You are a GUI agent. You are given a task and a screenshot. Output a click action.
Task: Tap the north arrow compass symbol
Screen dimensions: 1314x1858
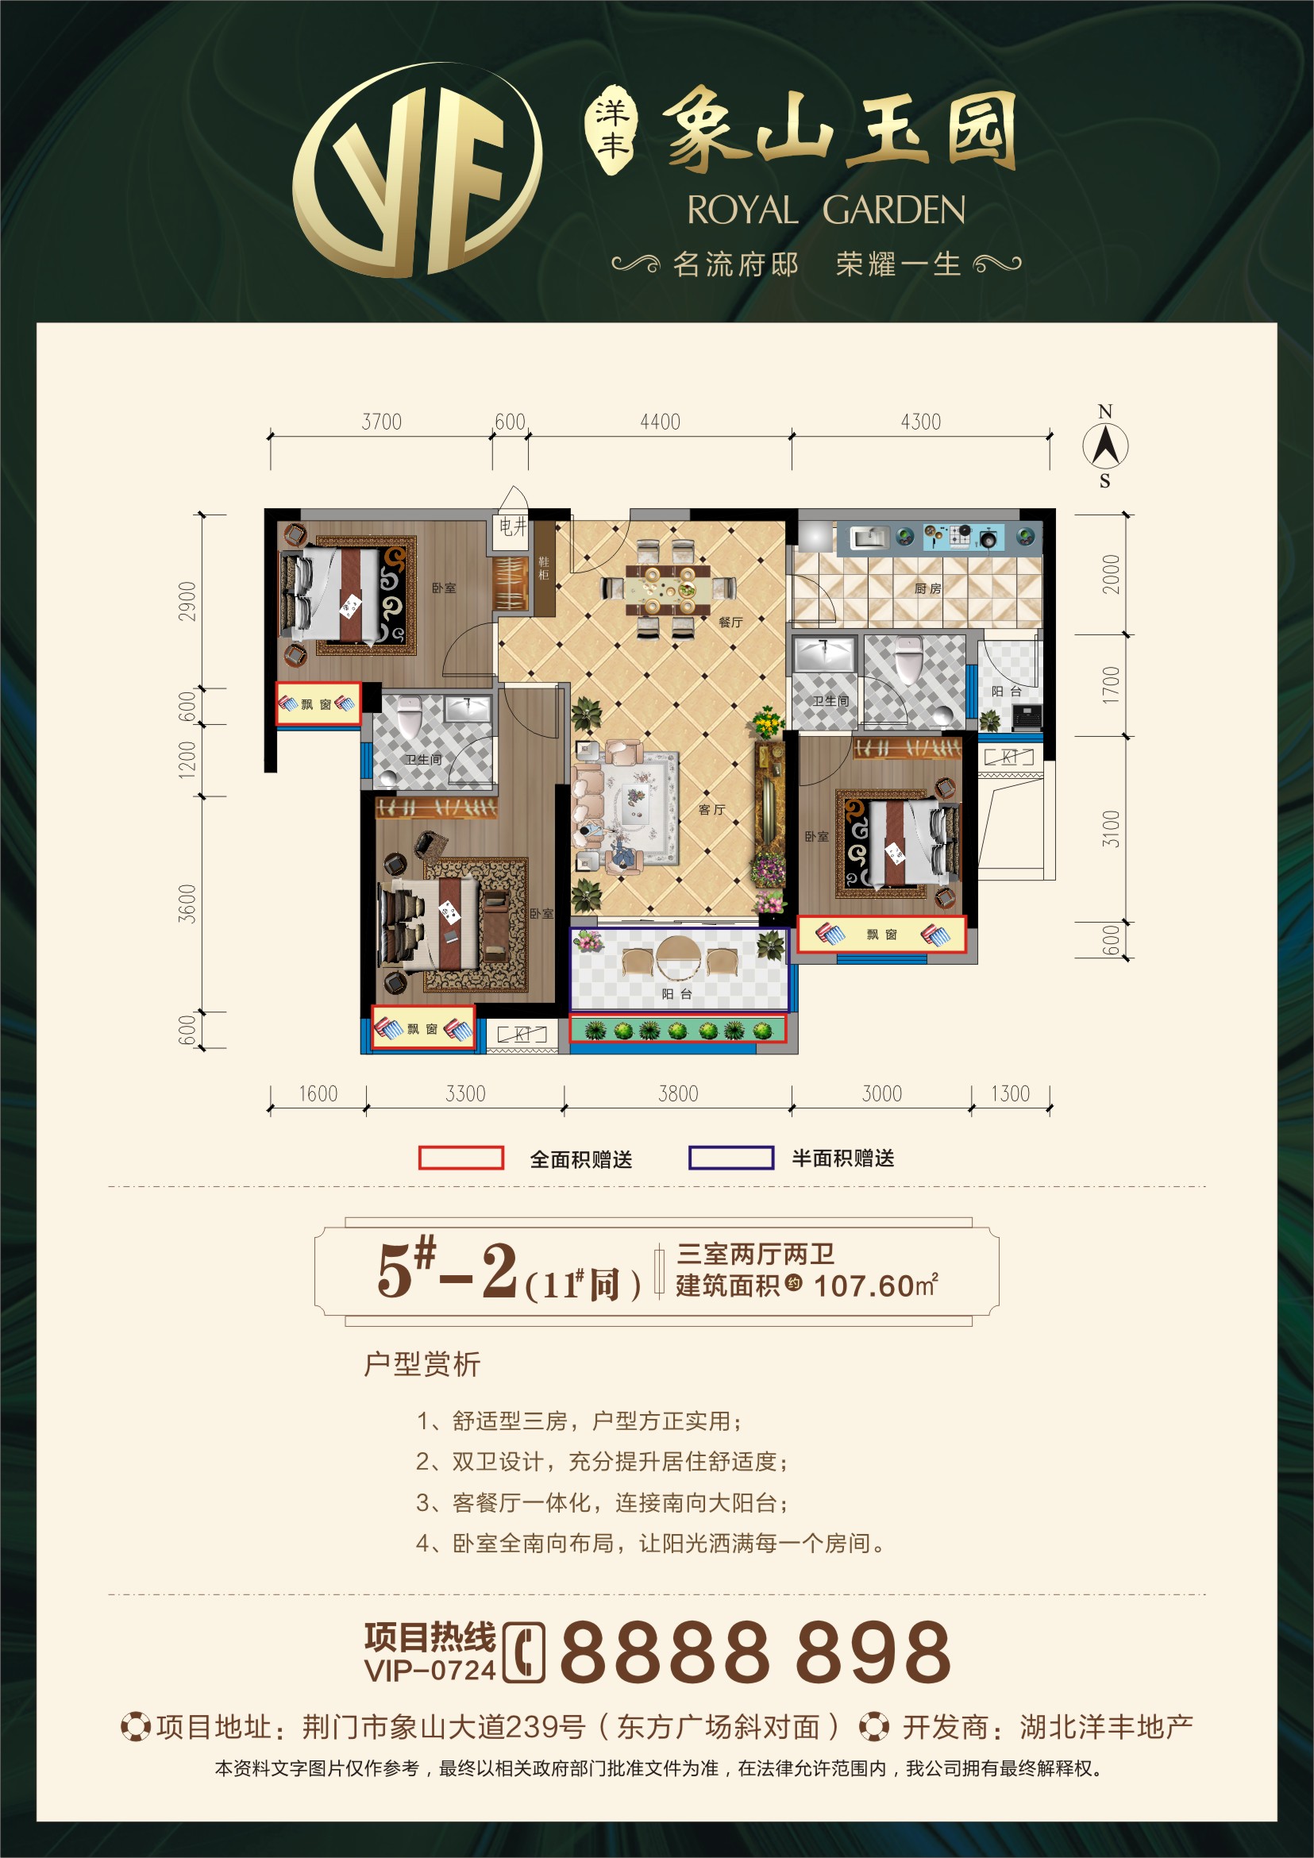pos(1105,446)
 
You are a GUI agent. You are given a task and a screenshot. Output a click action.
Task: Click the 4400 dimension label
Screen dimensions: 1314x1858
pos(661,422)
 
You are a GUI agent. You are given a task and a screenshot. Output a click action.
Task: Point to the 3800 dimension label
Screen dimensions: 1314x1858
pos(678,1094)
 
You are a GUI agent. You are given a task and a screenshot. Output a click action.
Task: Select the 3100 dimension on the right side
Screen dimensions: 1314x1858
pos(1112,829)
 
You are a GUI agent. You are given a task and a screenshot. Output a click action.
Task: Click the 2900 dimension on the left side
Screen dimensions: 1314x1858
pos(187,601)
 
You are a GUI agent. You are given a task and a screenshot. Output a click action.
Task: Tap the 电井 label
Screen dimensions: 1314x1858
pos(512,526)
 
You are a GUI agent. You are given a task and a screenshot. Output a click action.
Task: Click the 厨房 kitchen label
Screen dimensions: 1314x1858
pos(928,588)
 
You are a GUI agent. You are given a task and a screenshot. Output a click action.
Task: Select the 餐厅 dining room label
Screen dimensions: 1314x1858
pos(730,623)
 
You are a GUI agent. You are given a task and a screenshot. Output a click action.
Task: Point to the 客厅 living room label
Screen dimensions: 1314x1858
pos(712,809)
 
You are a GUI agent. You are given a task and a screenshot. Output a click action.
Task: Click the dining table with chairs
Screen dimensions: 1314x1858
pos(669,588)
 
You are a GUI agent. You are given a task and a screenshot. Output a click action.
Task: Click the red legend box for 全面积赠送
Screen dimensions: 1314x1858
pos(461,1158)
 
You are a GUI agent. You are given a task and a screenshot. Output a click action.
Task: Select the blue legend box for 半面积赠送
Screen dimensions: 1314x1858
pos(730,1158)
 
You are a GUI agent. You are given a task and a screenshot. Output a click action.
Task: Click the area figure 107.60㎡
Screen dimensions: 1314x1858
pos(876,1286)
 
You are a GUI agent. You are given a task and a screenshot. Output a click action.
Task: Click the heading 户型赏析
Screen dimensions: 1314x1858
pos(422,1364)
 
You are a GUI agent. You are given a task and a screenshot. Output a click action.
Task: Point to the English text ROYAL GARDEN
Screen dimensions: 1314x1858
pos(826,210)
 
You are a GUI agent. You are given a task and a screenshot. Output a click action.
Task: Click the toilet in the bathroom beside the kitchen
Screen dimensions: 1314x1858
pos(908,660)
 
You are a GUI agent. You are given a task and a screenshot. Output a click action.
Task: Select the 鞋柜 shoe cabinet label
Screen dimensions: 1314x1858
pos(543,567)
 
